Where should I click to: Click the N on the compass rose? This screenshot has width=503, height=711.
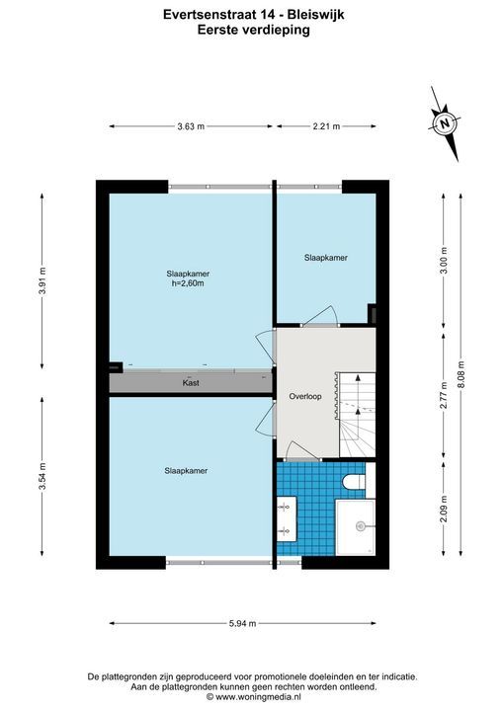tap(445, 122)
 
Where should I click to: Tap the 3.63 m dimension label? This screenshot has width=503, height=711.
tap(191, 126)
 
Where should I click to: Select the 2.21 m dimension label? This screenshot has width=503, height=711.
tap(326, 126)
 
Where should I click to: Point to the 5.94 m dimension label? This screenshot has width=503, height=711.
tap(242, 623)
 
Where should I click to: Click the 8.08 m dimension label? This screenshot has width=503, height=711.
tap(461, 374)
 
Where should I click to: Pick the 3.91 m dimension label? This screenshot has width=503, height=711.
tap(42, 280)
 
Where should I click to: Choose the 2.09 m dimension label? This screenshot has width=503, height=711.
tap(444, 509)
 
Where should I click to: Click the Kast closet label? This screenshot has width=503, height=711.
tap(191, 383)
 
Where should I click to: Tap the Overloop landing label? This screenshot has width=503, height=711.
tap(305, 396)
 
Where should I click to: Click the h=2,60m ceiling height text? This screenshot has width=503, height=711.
tap(188, 283)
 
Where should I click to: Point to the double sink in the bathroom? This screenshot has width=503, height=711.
tap(287, 518)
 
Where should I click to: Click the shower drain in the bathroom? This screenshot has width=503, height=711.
tap(361, 526)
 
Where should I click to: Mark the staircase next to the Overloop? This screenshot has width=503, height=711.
tap(358, 415)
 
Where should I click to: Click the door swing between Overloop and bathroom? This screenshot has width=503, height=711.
tap(301, 451)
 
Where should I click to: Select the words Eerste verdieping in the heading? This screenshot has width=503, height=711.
tap(253, 30)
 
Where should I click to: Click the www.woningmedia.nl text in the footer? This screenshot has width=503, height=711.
tap(258, 696)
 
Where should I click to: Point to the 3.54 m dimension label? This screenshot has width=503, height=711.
tap(42, 476)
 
